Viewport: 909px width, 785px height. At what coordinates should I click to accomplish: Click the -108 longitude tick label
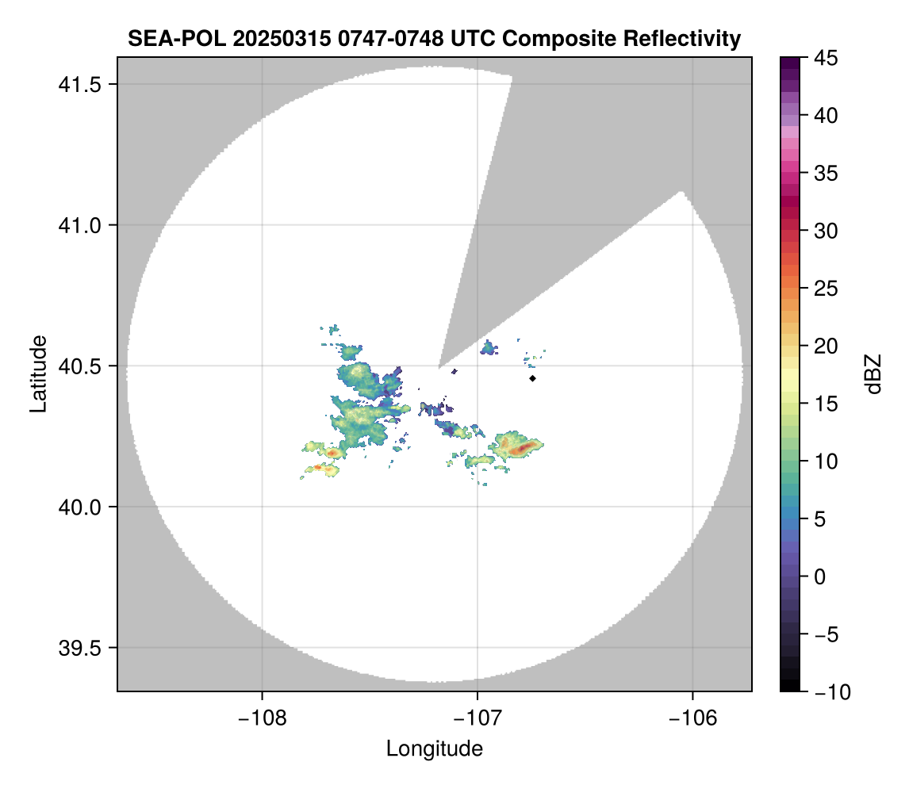pyautogui.click(x=261, y=718)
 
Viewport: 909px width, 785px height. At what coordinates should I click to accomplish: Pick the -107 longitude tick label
pyautogui.click(x=477, y=718)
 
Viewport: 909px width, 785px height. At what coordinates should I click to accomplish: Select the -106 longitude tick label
pyautogui.click(x=692, y=718)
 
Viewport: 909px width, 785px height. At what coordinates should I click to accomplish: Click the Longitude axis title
pyautogui.click(x=434, y=748)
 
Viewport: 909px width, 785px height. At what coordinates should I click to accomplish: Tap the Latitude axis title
pyautogui.click(x=38, y=373)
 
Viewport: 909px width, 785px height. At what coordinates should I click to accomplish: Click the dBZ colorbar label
pyautogui.click(x=873, y=374)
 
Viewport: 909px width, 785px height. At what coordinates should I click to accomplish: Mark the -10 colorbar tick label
pyautogui.click(x=826, y=692)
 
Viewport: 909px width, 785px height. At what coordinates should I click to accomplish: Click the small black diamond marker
pyautogui.click(x=533, y=378)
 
